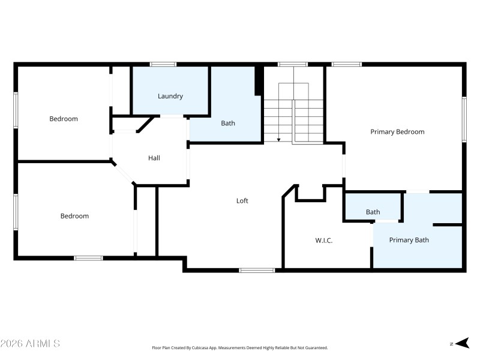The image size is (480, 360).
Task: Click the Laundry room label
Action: click(x=170, y=96)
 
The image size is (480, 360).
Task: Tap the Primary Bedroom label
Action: click(x=397, y=132)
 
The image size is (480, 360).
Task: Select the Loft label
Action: click(x=242, y=201)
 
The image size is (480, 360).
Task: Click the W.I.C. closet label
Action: click(x=324, y=241)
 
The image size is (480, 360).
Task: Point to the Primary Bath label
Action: click(x=409, y=240)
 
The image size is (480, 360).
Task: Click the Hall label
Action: click(x=154, y=158)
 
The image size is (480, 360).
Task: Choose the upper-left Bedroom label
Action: click(x=64, y=119)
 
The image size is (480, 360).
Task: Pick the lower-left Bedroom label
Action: click(x=74, y=216)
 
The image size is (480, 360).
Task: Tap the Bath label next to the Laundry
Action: click(x=228, y=124)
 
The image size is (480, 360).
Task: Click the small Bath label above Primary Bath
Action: click(x=373, y=212)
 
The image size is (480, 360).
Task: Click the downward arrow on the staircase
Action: click(x=278, y=139)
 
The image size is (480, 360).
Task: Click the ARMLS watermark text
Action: click(x=30, y=344)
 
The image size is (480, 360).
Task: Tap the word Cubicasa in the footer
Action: click(x=204, y=348)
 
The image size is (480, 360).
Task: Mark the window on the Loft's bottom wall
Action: click(x=257, y=270)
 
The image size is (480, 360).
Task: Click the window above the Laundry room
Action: click(x=163, y=64)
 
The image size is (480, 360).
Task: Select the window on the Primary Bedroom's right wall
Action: click(x=464, y=120)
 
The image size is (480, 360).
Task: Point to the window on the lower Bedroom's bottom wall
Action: click(x=88, y=258)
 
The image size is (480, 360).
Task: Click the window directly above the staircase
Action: click(x=293, y=64)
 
